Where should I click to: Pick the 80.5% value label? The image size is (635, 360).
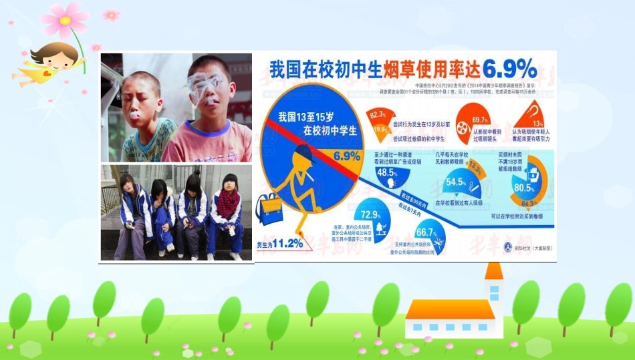point(524,188)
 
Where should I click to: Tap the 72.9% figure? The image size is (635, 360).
point(370,215)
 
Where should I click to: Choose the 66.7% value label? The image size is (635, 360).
point(425,232)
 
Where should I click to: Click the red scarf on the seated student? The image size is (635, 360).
point(227,204)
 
